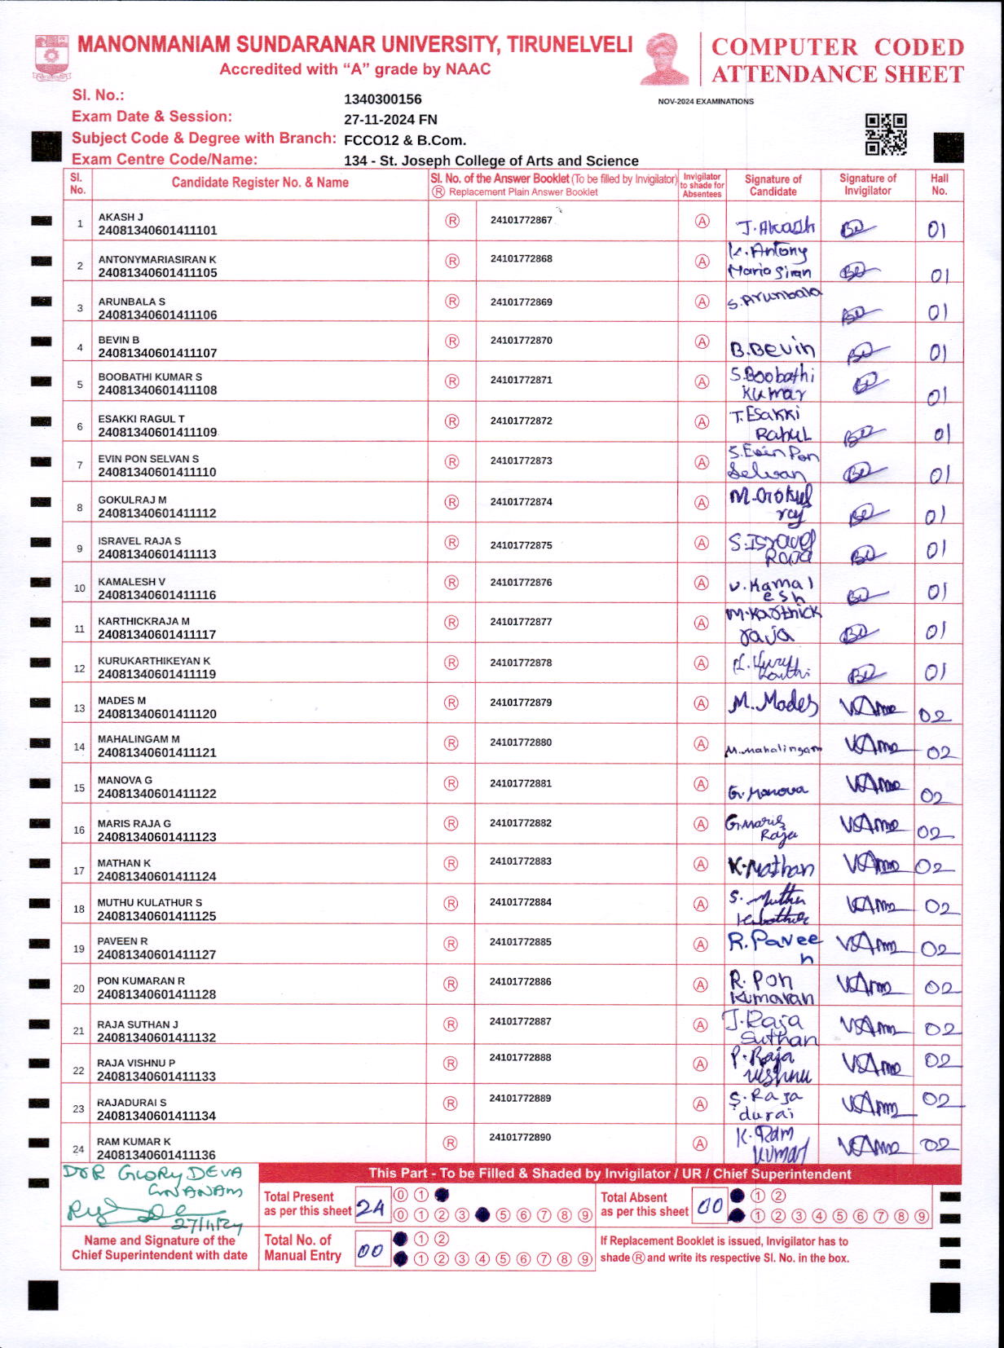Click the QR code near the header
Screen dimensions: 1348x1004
(886, 134)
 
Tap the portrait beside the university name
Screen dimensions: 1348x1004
(665, 59)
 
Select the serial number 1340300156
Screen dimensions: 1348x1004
(383, 99)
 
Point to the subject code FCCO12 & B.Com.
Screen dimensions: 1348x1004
(404, 140)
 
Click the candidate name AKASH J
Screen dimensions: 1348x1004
(121, 217)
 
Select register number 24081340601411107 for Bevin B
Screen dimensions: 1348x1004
(157, 353)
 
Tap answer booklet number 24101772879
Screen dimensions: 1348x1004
(521, 703)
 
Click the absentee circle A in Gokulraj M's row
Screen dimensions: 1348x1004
(702, 503)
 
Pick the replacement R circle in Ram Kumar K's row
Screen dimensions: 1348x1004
(451, 1143)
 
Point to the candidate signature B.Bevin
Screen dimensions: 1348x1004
(772, 349)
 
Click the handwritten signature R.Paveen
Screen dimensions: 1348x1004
(773, 945)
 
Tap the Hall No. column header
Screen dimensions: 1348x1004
(939, 184)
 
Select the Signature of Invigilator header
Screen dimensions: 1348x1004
(867, 184)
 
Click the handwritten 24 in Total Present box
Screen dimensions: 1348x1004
(371, 1208)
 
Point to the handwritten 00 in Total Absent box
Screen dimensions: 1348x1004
(709, 1207)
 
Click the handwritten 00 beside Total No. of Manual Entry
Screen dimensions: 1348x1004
(371, 1250)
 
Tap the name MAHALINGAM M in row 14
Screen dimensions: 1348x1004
(139, 739)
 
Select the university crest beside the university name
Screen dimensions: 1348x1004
(52, 57)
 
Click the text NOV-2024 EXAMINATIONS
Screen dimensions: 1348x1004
(706, 102)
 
